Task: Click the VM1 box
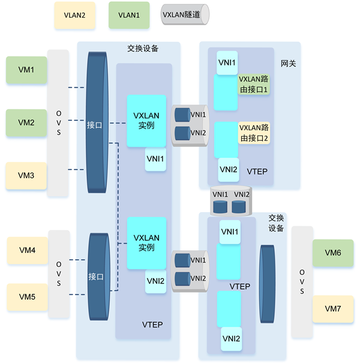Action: (26, 70)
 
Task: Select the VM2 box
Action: (26, 123)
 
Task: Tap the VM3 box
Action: (26, 175)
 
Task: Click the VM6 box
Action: (332, 253)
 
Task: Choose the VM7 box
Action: (332, 308)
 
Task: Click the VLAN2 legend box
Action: (75, 15)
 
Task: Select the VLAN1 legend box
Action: (128, 15)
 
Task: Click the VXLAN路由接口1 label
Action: (253, 84)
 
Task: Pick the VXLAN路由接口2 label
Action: (253, 133)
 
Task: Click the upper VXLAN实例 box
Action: (146, 120)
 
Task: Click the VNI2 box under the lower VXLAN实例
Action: (155, 281)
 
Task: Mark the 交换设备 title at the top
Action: (142, 49)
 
